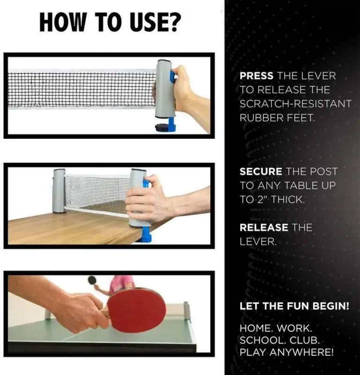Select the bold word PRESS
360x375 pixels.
click(x=257, y=76)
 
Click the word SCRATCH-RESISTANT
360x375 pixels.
click(x=295, y=104)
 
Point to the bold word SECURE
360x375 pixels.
click(x=261, y=172)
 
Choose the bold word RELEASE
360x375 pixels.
click(x=264, y=227)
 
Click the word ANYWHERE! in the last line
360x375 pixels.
click(x=301, y=352)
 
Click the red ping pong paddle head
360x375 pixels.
click(x=136, y=310)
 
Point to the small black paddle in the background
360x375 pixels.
click(x=92, y=280)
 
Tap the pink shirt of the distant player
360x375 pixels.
click(x=121, y=282)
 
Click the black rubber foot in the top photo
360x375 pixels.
click(x=162, y=127)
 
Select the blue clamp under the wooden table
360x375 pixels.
click(x=146, y=235)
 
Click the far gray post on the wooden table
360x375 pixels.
click(x=59, y=191)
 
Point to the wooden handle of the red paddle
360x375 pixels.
click(x=106, y=314)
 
